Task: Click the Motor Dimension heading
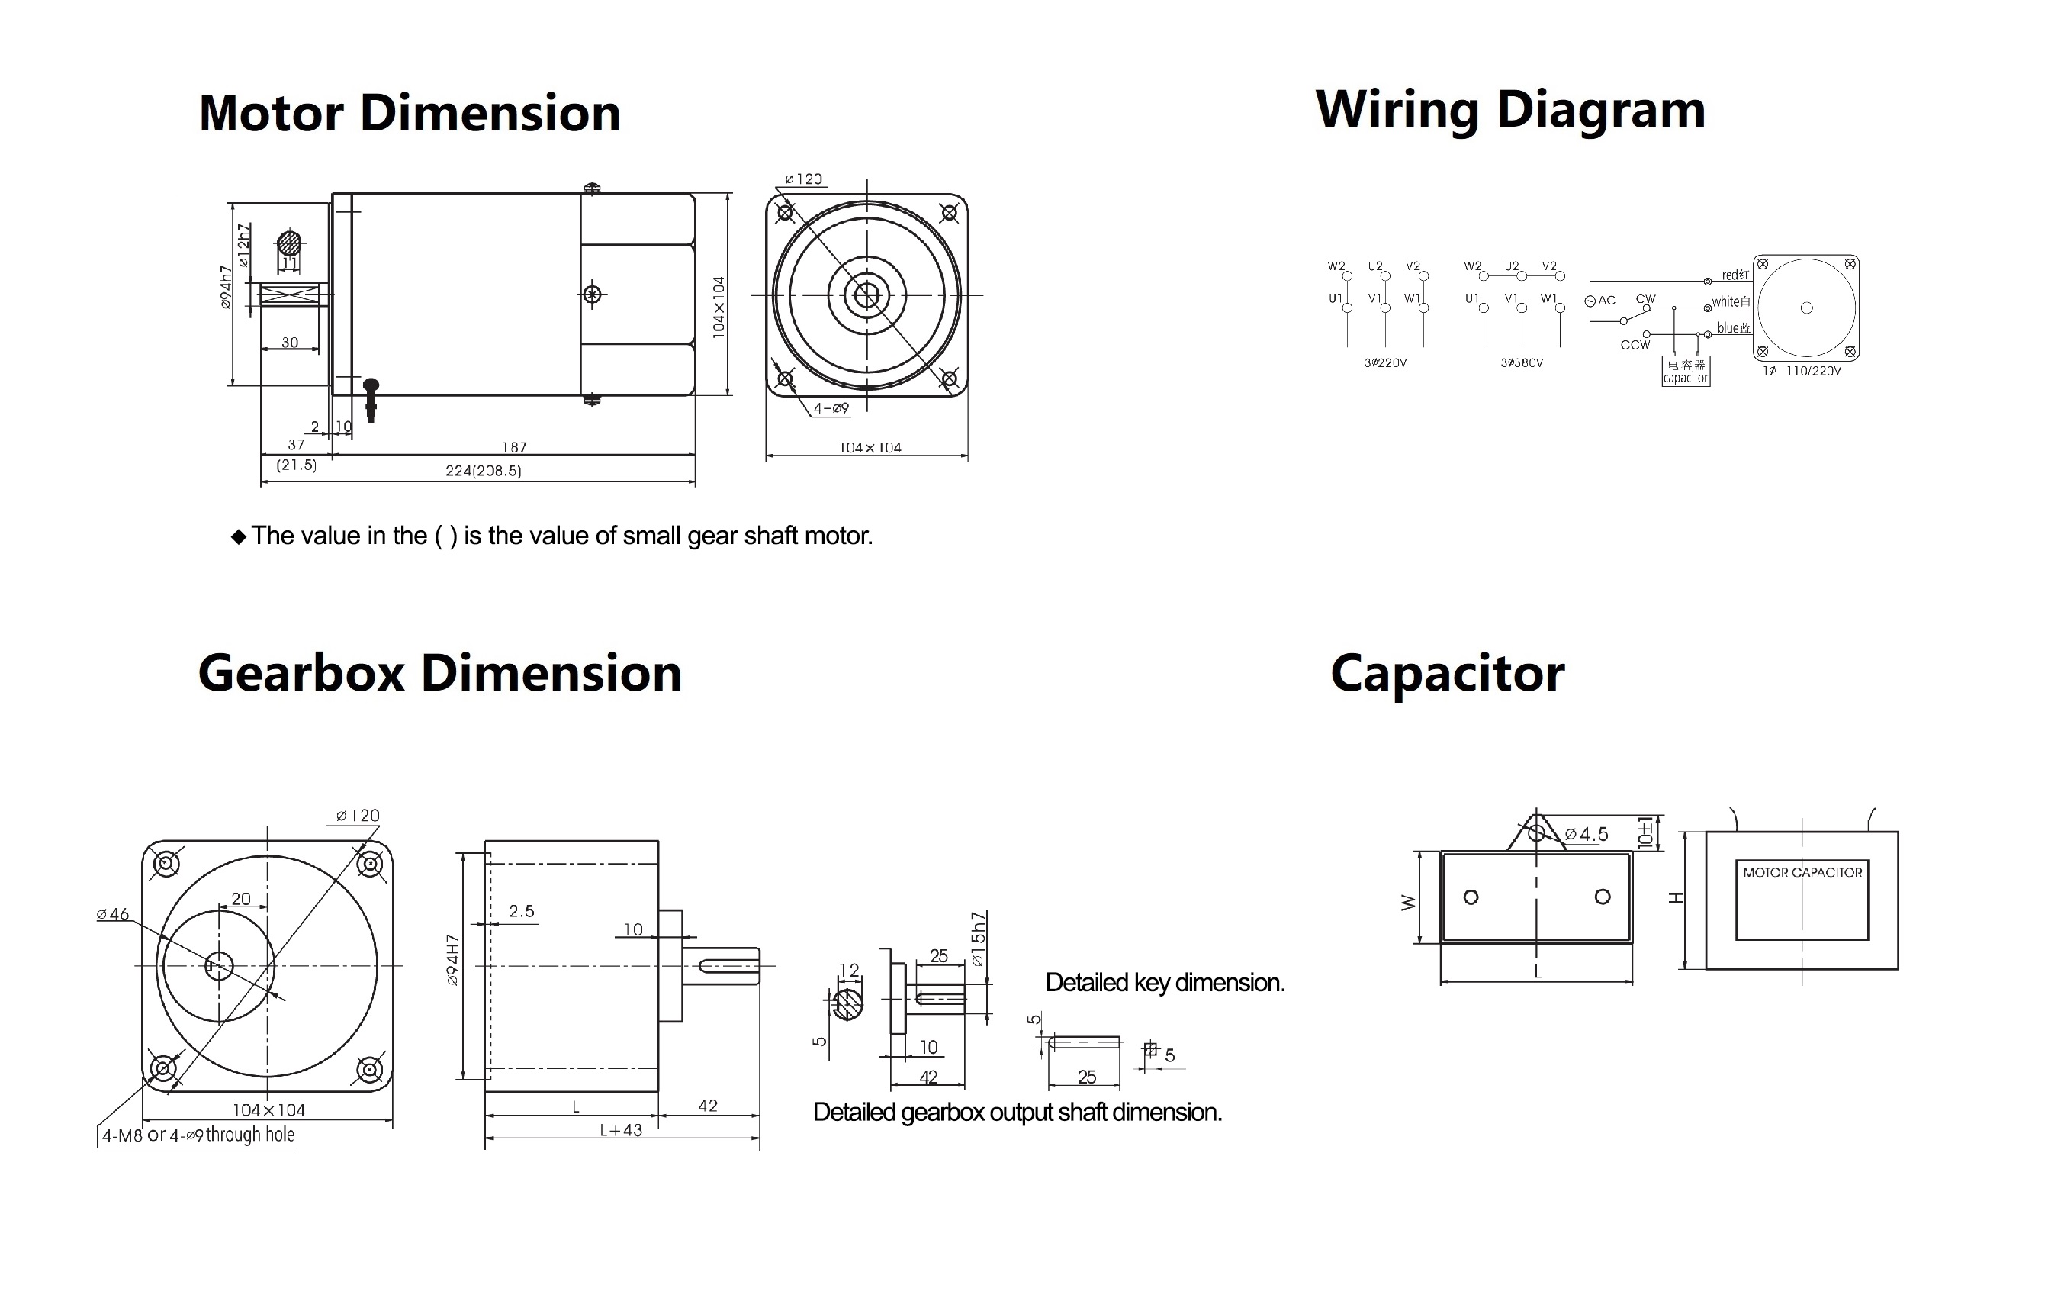409,113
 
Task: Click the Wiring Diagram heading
1509,111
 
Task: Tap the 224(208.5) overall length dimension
483,471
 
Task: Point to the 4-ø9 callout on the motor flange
830,408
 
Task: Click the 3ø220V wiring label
1384,363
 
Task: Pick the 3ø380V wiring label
1522,363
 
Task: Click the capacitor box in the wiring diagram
1685,371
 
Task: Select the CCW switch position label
1635,346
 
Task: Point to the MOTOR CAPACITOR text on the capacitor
1802,872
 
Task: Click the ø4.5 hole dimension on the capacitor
1587,835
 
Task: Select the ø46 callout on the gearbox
113,915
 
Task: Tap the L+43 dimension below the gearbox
621,1131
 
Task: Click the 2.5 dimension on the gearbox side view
522,911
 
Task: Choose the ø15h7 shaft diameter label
978,939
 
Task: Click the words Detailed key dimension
1164,983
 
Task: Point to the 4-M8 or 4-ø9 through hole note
198,1135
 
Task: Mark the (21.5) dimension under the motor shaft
296,465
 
